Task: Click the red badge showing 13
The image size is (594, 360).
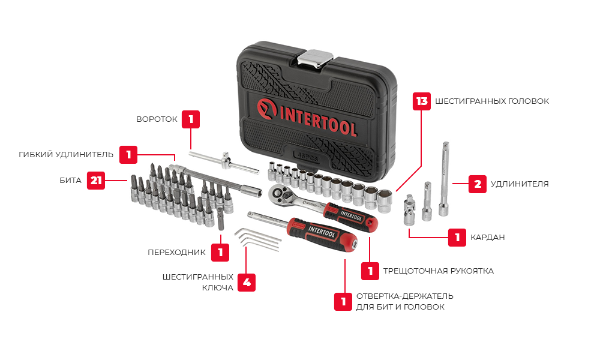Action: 422,101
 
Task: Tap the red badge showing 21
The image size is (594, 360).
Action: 96,181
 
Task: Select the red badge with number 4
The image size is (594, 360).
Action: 247,283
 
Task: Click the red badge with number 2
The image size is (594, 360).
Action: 478,184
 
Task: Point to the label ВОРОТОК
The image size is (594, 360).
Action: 157,119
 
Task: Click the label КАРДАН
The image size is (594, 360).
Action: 488,238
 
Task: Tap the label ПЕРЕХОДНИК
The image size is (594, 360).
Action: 176,253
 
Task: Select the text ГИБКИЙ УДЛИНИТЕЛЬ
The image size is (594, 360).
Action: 66,155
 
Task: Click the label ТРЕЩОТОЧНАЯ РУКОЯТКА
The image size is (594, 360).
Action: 439,271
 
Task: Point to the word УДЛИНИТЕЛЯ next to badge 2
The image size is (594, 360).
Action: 520,184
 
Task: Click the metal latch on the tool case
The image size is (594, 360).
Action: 315,59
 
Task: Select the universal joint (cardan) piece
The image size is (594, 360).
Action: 409,211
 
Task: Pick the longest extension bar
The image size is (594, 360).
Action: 445,179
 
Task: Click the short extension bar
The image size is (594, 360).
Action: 427,201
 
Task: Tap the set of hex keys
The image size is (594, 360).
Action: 257,240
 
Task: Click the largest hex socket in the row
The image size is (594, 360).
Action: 385,200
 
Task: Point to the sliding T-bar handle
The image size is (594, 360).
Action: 224,162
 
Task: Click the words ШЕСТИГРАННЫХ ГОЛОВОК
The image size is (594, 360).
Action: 492,101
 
